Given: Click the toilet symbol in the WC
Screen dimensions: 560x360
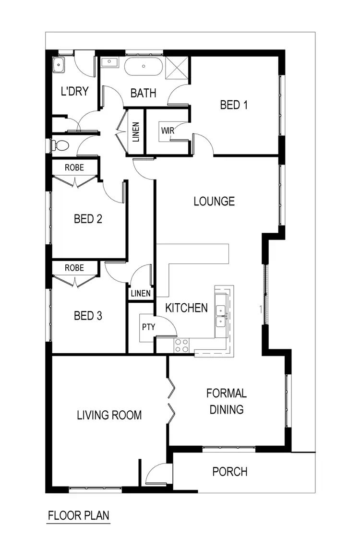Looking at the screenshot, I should point(60,145).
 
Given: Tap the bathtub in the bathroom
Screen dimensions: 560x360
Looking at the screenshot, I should point(144,66).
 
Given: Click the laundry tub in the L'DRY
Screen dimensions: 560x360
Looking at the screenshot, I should point(59,65).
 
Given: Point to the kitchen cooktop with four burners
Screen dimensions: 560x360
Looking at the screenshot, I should point(181,344).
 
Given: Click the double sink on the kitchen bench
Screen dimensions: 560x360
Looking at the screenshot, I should point(222,316).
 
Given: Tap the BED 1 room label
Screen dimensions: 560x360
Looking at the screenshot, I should point(234,105).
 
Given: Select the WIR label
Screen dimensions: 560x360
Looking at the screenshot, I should point(168,131).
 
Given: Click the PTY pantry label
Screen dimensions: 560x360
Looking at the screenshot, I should point(147,326).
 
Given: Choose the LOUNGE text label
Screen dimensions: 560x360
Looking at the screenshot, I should point(214,201).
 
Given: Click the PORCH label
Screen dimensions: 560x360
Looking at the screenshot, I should point(230,472).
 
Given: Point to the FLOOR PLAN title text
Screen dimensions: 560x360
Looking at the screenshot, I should point(79,516).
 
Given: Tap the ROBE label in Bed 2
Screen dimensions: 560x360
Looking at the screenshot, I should point(74,167).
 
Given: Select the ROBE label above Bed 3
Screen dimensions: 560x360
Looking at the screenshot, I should point(74,268).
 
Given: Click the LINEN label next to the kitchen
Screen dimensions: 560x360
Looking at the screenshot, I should point(141,293).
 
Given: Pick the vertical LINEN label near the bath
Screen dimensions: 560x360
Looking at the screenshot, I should point(136,132).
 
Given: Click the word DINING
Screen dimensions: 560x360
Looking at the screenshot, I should point(227,409).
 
